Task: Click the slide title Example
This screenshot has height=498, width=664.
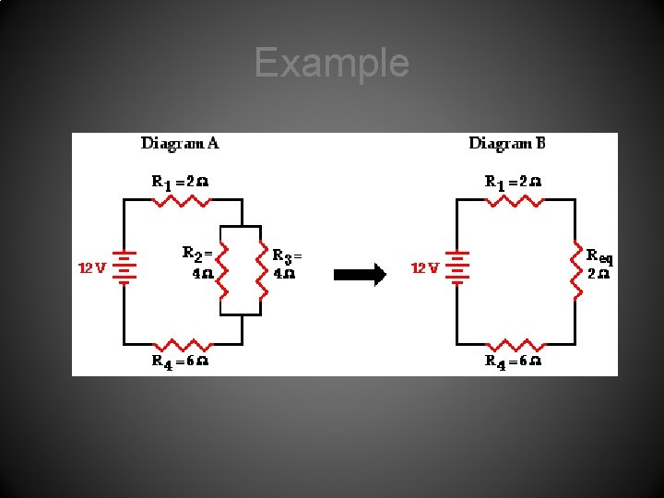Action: coord(331,63)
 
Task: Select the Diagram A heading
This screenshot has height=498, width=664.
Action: coord(180,143)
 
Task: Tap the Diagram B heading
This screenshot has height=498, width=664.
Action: coord(507,143)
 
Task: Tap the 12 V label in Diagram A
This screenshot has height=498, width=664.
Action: coord(92,268)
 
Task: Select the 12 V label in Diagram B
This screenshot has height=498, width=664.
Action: coord(424,268)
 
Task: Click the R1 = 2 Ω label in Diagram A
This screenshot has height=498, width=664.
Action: coord(180,182)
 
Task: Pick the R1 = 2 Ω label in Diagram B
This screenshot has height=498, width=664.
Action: coord(513,182)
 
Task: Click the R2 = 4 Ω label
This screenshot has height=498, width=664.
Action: coord(198,263)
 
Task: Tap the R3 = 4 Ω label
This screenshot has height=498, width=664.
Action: coord(287,263)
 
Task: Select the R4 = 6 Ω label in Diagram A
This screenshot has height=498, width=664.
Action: coord(180,362)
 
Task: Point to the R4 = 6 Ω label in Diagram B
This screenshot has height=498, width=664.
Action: coord(513,362)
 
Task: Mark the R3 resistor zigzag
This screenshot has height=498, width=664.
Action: coord(264,271)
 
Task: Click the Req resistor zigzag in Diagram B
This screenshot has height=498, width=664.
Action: coord(576,271)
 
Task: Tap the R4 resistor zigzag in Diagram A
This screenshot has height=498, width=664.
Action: coord(183,342)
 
